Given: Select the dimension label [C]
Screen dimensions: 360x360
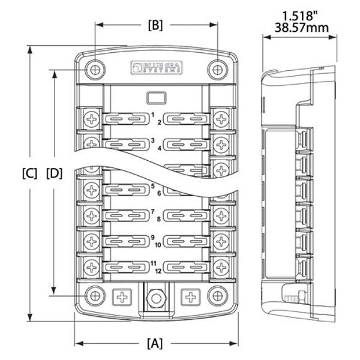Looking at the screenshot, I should pos(29,174).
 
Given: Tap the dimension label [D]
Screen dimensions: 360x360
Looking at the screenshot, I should pos(55,174).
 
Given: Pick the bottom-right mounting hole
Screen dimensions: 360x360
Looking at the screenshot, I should pos(217,296).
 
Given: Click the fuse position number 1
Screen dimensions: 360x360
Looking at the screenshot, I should pos(152,114).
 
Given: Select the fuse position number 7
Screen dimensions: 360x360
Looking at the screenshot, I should pos(152,212).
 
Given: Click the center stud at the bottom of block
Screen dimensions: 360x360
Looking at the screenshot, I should pos(156,297).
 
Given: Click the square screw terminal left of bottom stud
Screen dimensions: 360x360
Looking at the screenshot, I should pos(122,296).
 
